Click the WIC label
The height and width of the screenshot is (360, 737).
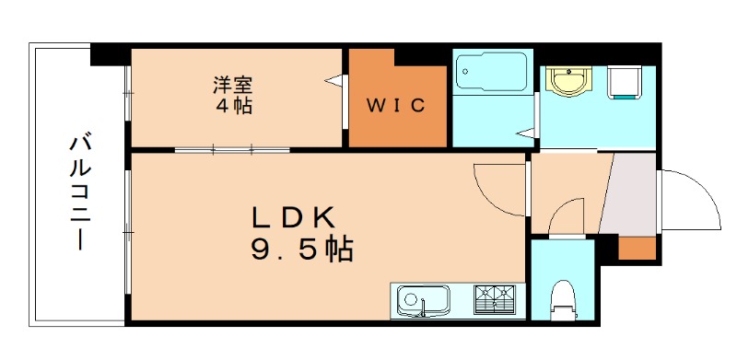(397, 106)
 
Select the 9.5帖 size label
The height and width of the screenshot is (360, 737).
(301, 250)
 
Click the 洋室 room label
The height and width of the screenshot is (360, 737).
(233, 86)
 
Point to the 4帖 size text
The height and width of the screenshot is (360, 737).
(233, 105)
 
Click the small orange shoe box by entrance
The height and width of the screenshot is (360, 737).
(636, 248)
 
